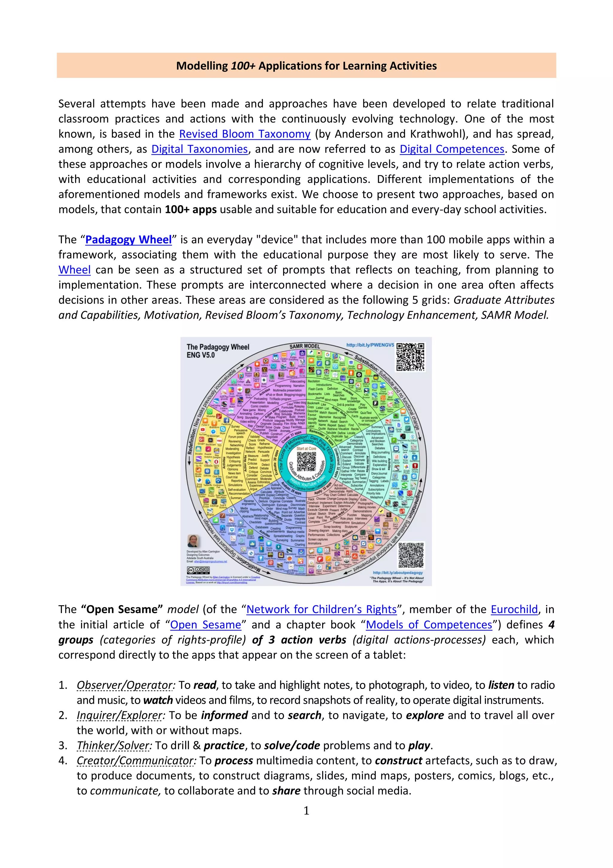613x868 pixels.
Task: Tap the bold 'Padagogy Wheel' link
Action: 128,240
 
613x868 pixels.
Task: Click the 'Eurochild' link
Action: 514,610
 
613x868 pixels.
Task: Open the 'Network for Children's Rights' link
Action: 321,610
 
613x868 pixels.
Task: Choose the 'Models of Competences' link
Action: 429,624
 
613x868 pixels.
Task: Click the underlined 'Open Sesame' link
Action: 205,624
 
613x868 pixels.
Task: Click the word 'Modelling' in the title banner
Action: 202,66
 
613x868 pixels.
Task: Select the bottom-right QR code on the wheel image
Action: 411,555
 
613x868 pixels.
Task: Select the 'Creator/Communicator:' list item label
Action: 136,761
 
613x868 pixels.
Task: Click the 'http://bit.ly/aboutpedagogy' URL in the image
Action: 398,572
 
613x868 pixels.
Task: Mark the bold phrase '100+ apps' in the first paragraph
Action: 191,209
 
